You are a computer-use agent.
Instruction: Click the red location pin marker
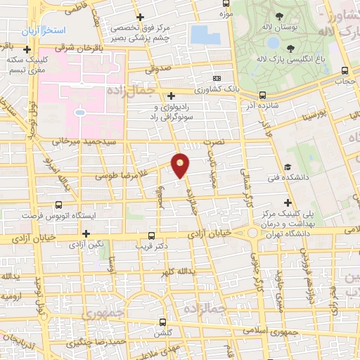tap(181, 165)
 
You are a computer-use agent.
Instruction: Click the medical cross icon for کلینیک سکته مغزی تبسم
tap(27, 50)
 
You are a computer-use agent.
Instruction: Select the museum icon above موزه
tap(225, 4)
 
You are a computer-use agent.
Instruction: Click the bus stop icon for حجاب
tap(344, 71)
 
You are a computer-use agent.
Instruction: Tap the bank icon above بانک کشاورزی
tap(217, 79)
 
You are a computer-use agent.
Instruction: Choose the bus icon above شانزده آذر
tap(262, 95)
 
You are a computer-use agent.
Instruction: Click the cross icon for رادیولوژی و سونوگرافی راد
tap(172, 96)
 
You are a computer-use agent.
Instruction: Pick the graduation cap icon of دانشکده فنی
tap(288, 167)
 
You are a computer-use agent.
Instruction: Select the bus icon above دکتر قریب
tap(152, 237)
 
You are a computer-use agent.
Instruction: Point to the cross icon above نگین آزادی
tap(86, 233)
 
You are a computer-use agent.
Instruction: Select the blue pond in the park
tap(205, 35)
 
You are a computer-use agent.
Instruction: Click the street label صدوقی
tap(158, 70)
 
